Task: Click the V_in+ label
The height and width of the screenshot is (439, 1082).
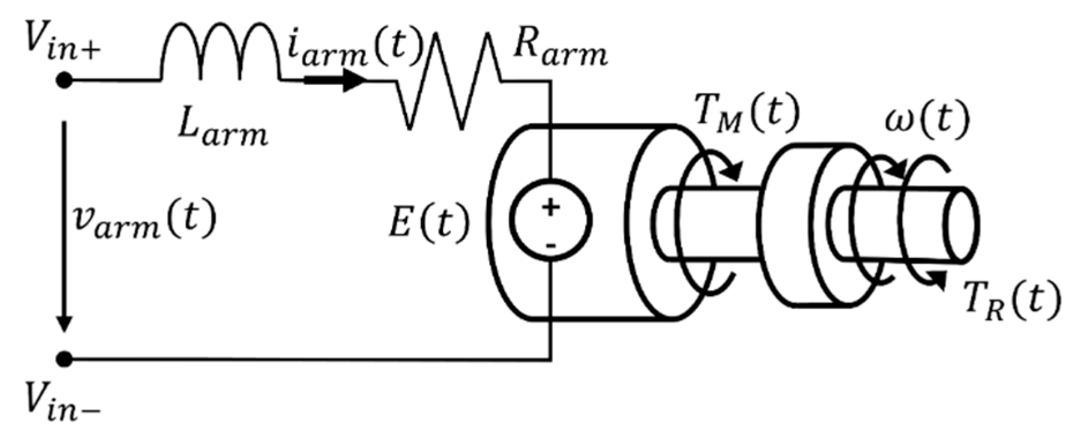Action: pyautogui.click(x=61, y=43)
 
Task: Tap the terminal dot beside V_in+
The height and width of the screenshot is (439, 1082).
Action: pyautogui.click(x=64, y=80)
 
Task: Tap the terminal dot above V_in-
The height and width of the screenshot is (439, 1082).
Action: pyautogui.click(x=65, y=359)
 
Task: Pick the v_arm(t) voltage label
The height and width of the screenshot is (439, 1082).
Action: pyautogui.click(x=144, y=222)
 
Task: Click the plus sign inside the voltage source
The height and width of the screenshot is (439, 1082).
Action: pyautogui.click(x=551, y=207)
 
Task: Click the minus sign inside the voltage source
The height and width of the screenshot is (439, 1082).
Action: pyautogui.click(x=551, y=246)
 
